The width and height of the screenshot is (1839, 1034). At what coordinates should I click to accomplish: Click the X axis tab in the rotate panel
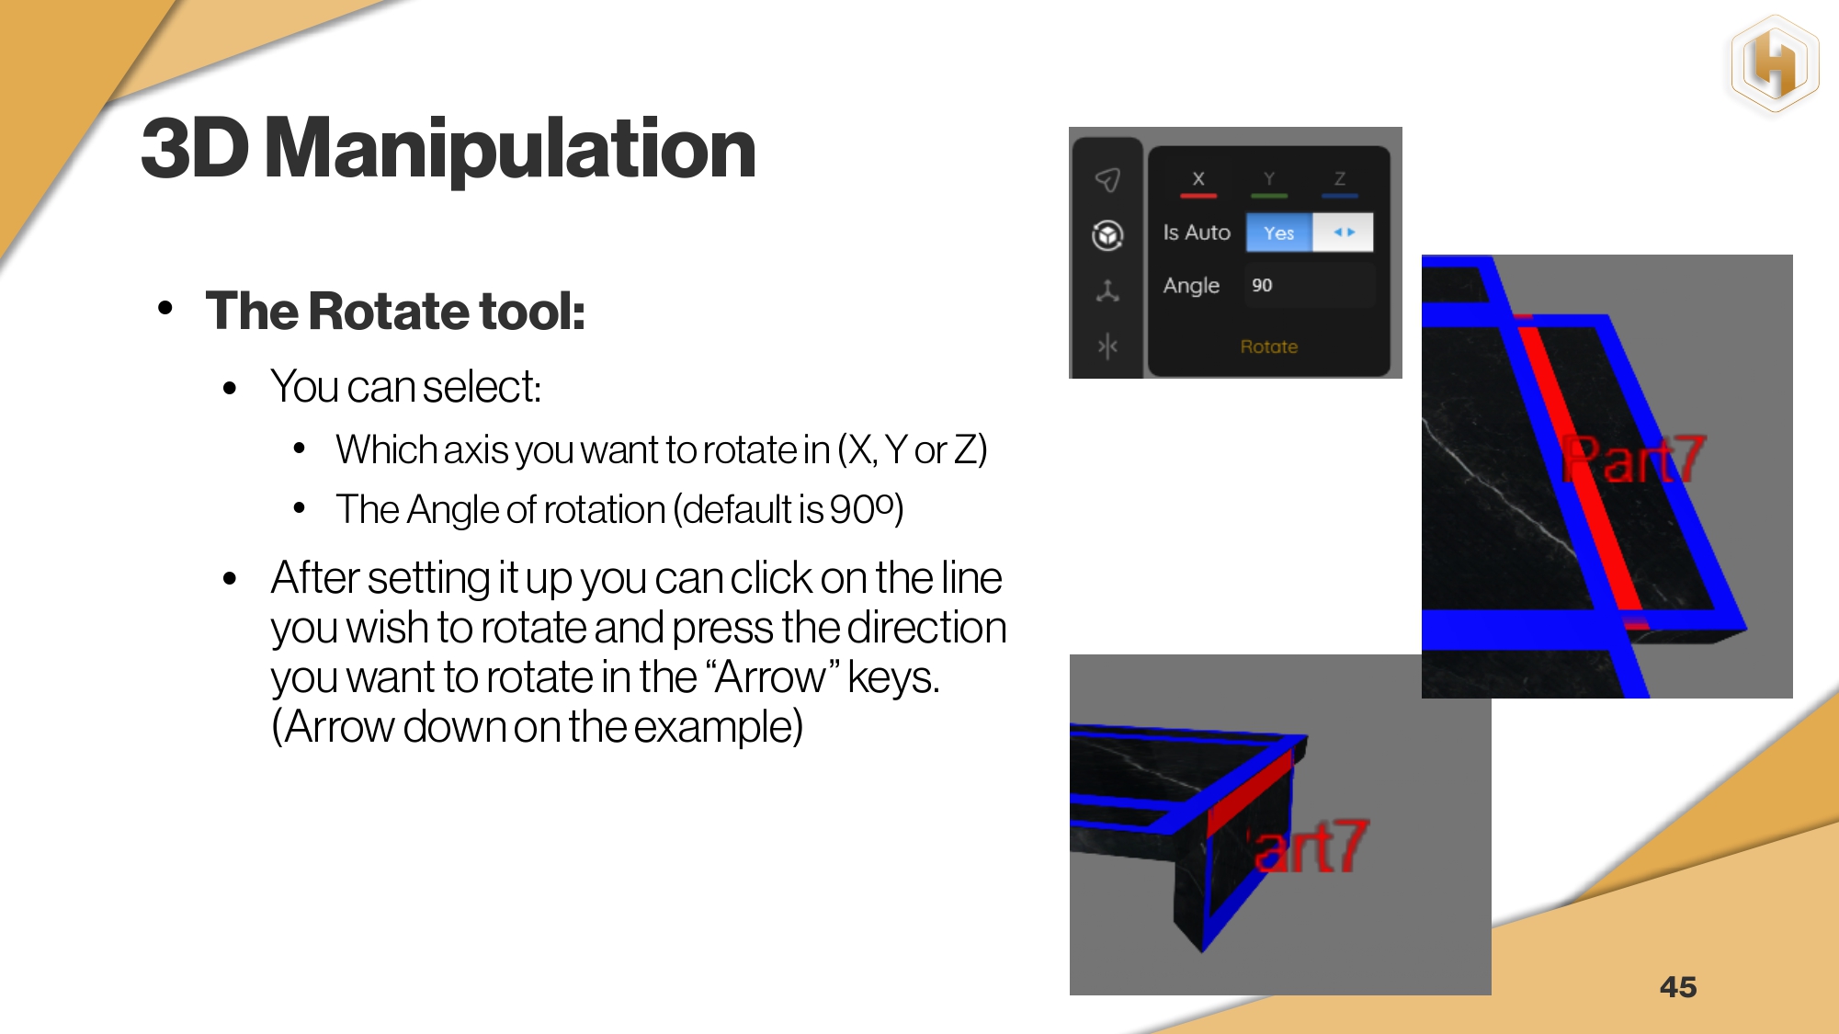[1198, 181]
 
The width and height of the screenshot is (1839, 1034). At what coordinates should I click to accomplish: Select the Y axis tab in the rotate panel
[1269, 181]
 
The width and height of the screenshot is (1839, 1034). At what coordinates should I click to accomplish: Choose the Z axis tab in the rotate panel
[1340, 181]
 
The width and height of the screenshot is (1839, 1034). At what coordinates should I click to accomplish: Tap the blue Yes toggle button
[1278, 233]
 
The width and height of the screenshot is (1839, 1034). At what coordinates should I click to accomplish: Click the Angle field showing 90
[1310, 285]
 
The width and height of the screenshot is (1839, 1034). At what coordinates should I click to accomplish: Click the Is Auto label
[1197, 233]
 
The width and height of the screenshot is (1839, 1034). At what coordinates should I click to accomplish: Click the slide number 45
[1678, 987]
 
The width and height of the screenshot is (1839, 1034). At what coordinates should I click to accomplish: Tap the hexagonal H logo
[1775, 65]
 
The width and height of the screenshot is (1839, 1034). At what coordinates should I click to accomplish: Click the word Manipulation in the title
[510, 149]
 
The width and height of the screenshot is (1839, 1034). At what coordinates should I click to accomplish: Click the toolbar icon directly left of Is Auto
[1107, 235]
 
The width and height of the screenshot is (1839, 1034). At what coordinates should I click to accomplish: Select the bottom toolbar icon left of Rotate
[1107, 347]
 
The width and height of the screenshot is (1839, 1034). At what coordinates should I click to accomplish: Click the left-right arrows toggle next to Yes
[1344, 233]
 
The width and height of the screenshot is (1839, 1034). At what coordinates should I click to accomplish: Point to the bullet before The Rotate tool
[165, 308]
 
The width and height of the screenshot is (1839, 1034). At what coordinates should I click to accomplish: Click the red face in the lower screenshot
[1249, 792]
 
